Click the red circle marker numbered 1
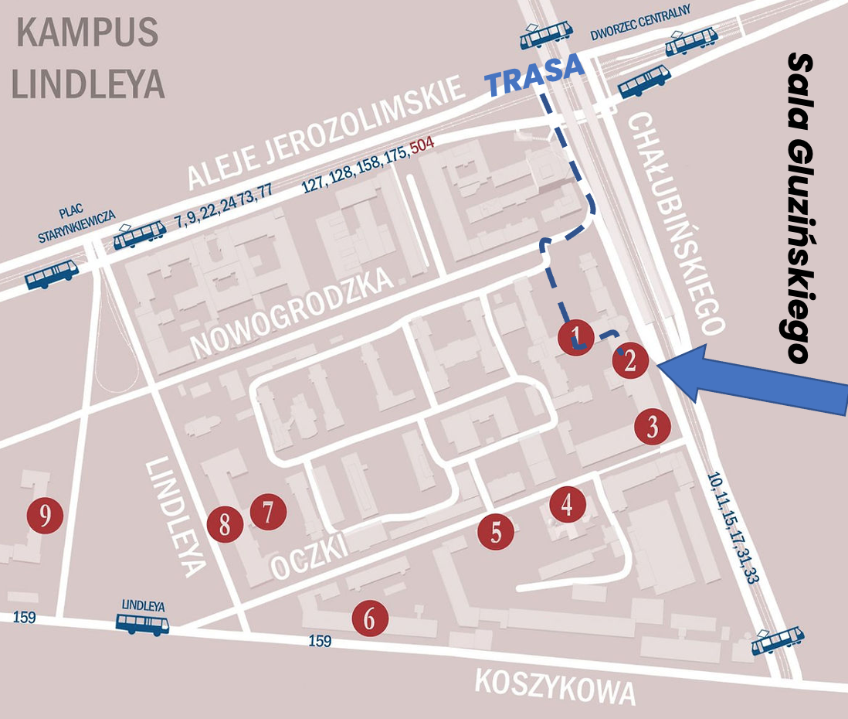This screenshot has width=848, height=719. pos(575,337)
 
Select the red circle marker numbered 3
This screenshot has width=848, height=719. pos(653,427)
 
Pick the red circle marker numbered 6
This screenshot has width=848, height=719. pos(370,618)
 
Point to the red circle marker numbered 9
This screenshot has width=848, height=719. pos(45,515)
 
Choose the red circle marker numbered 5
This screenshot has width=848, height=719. pos(496,531)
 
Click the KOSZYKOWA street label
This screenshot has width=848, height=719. pos(555,686)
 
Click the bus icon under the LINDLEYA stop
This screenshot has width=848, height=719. pos(142,623)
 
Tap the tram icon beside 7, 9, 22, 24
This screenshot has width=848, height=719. pos(140,234)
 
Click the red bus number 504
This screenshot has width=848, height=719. pos(422,144)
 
